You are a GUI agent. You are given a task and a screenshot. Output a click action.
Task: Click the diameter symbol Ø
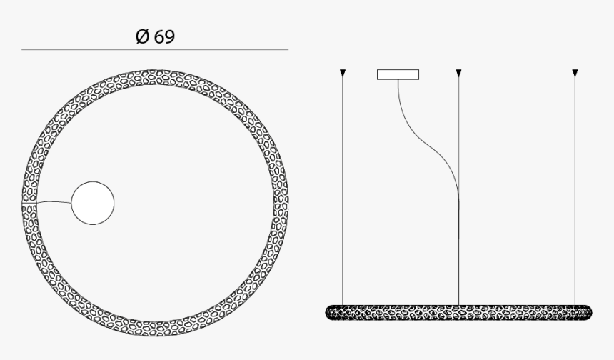(x=142, y=36)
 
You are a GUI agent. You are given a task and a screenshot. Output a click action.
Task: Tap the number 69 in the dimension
(x=163, y=36)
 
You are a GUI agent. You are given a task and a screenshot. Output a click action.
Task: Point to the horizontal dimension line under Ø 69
(x=155, y=50)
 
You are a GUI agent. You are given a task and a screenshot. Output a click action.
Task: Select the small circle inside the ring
(x=93, y=203)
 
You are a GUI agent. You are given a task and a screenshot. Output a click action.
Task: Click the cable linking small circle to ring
(x=54, y=202)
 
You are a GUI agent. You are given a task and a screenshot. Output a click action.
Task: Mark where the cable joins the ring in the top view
(x=36, y=203)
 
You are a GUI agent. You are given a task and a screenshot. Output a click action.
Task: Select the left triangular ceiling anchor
(x=343, y=72)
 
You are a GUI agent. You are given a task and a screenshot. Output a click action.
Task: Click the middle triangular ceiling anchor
(x=458, y=72)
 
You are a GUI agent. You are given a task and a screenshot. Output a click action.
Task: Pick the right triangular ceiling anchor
(x=575, y=72)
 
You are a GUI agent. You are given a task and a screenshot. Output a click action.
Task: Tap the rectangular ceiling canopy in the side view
(x=398, y=74)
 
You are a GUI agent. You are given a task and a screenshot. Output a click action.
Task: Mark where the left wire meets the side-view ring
(x=343, y=306)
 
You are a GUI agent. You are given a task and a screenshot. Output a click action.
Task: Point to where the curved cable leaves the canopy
(x=398, y=80)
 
